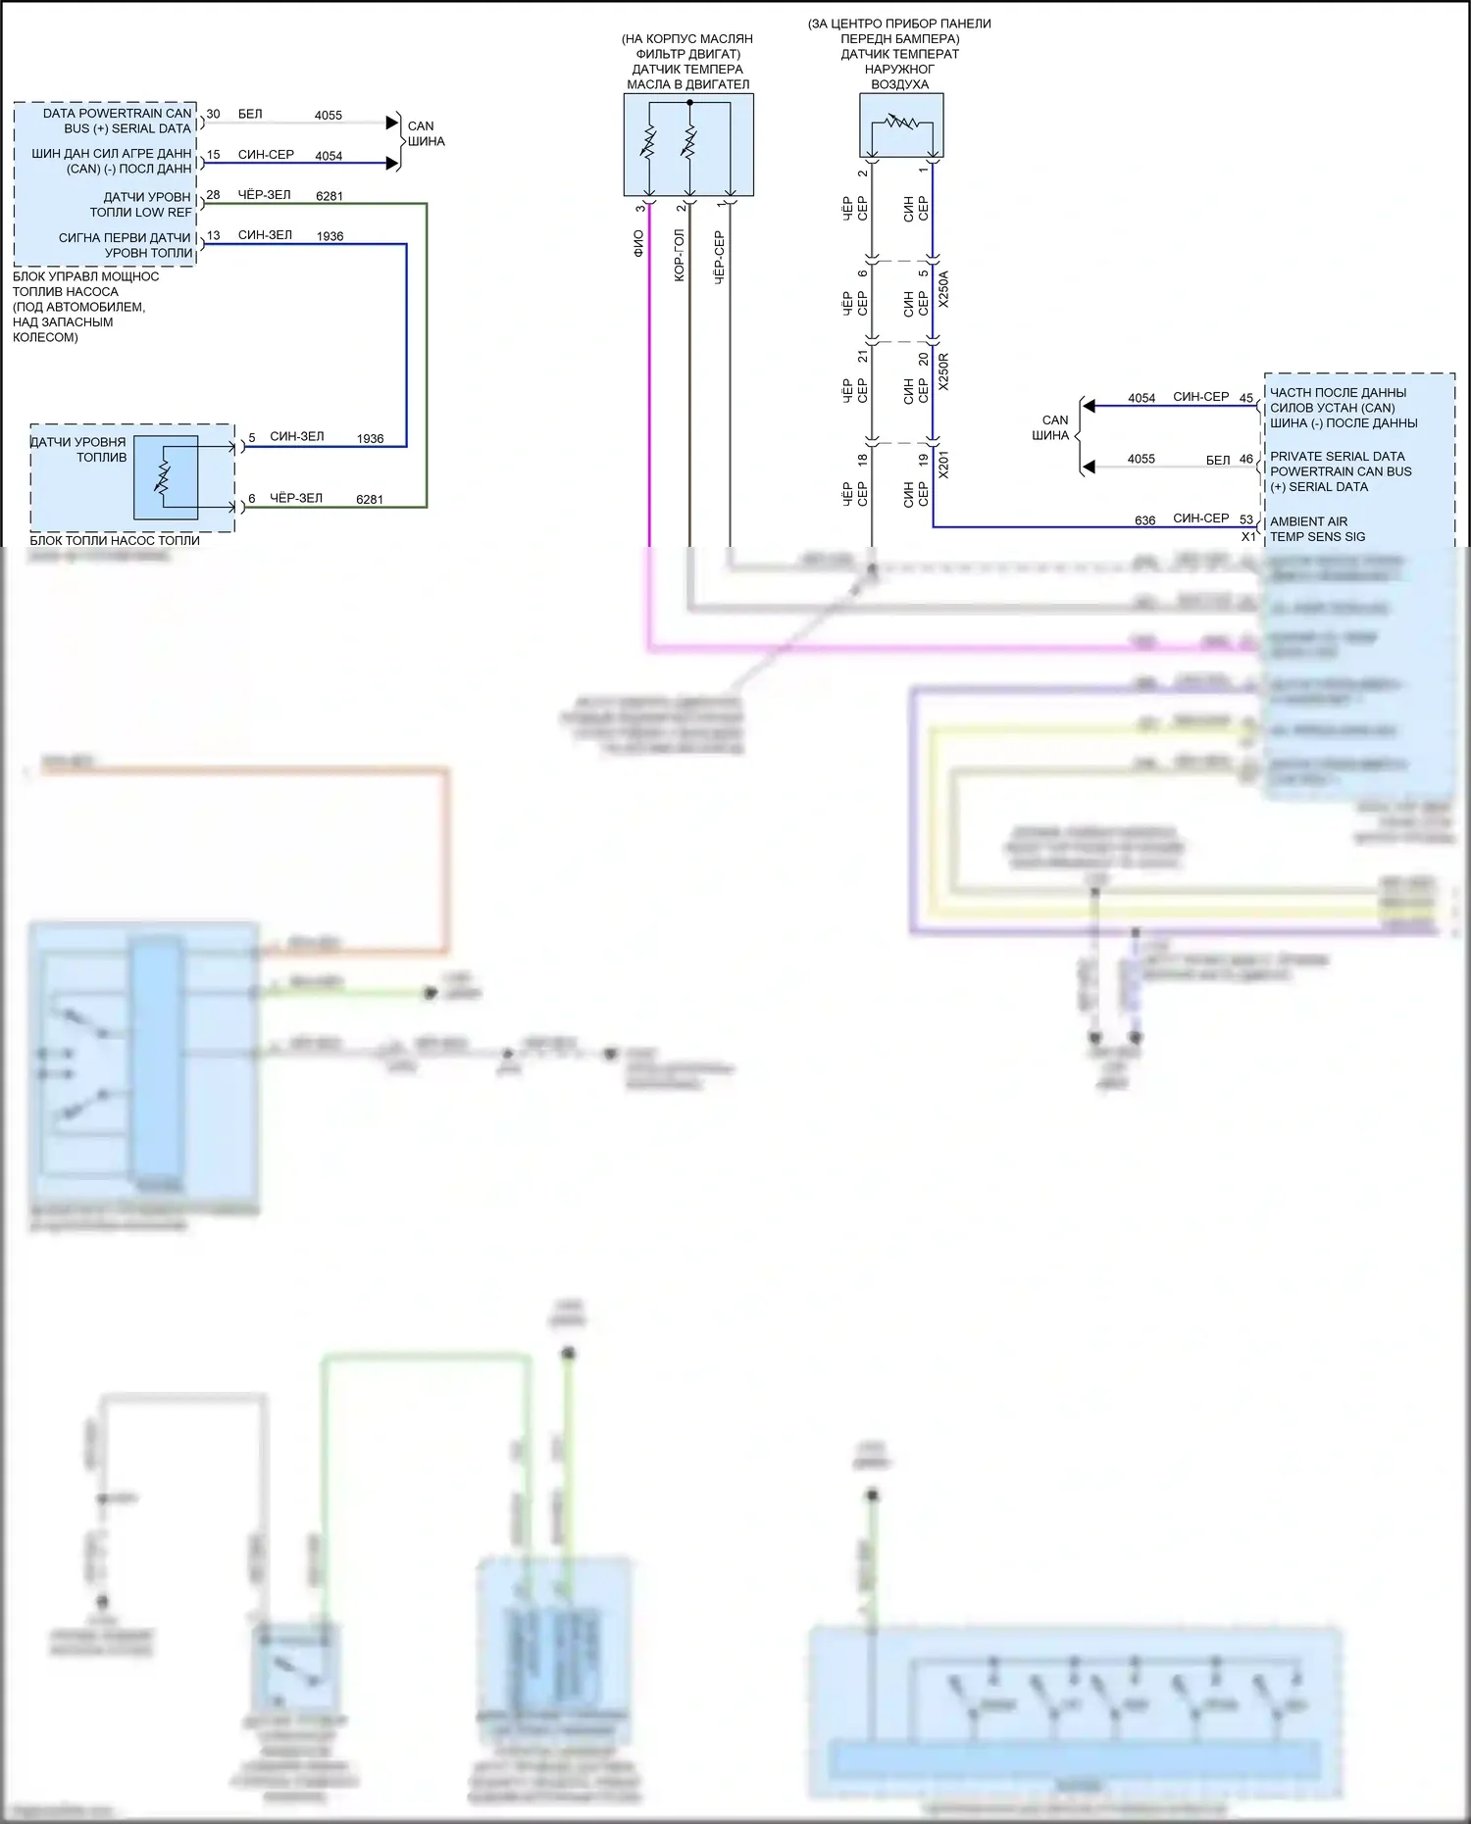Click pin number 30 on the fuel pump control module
[213, 115]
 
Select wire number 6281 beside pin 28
[330, 196]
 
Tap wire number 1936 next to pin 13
[330, 236]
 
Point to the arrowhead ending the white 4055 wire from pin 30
[392, 123]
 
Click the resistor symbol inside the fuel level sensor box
[164, 477]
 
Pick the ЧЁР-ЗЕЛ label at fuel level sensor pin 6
[296, 498]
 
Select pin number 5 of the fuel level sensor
[252, 437]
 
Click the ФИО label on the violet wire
[638, 243]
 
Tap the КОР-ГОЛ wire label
[679, 256]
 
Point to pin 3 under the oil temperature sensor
[640, 208]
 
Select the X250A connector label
[943, 290]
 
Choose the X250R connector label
[943, 371]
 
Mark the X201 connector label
[943, 464]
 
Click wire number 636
[1144, 520]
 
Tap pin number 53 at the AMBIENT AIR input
[1245, 519]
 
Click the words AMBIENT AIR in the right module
[1308, 521]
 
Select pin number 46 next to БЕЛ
[1245, 459]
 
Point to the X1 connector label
[1248, 537]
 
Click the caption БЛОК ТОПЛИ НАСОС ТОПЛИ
[115, 540]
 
